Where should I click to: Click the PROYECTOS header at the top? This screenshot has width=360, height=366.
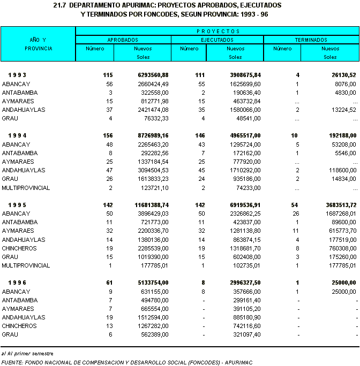tap(217, 32)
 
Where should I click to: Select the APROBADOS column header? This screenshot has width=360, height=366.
tap(123, 40)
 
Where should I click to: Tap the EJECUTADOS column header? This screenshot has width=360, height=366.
tap(217, 40)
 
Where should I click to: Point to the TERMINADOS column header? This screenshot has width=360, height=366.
tap(311, 40)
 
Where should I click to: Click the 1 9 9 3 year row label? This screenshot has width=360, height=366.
tap(18, 75)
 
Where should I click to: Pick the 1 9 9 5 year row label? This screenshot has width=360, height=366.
tap(18, 205)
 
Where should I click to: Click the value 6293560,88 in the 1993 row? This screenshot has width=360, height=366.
tap(151, 75)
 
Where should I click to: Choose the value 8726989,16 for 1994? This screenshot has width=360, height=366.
tap(151, 136)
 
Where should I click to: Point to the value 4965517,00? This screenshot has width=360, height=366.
tap(243, 136)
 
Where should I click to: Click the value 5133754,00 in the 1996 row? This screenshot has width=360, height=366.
tap(151, 283)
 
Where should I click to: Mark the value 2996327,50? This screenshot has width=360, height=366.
tap(243, 283)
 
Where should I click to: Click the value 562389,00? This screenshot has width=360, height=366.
tap(153, 334)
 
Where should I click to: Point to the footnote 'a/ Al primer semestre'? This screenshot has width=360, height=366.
tap(24, 354)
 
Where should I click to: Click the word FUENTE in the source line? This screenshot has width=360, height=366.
tap(12, 362)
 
